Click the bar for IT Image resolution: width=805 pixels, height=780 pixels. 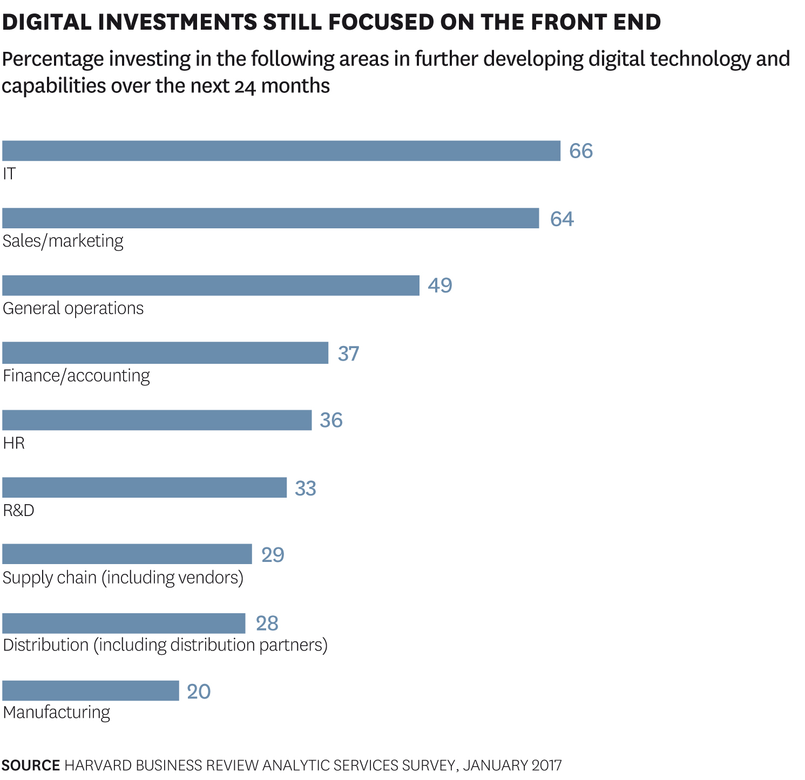(281, 151)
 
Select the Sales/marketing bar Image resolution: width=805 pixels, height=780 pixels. (270, 218)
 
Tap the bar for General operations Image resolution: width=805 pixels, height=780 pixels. (211, 285)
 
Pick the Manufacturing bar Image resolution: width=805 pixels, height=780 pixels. (90, 690)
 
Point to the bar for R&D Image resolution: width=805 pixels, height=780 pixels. (144, 487)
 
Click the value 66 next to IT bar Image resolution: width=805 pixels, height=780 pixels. (581, 151)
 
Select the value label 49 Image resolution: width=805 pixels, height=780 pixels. (439, 286)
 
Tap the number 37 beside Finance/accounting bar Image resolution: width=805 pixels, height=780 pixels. (348, 354)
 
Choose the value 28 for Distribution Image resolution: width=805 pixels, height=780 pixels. (267, 623)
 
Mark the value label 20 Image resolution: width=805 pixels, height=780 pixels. (199, 691)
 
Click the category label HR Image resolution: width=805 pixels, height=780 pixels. (13, 443)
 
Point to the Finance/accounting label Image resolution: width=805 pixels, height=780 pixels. (76, 376)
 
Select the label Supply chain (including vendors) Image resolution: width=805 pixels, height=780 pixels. (123, 578)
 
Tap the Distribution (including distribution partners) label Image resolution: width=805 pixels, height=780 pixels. (165, 645)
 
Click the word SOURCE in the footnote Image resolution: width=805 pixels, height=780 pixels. (31, 765)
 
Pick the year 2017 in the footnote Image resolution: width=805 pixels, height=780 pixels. (546, 765)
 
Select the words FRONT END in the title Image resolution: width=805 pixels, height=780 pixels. (596, 22)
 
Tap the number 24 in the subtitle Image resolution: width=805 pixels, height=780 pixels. (245, 86)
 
